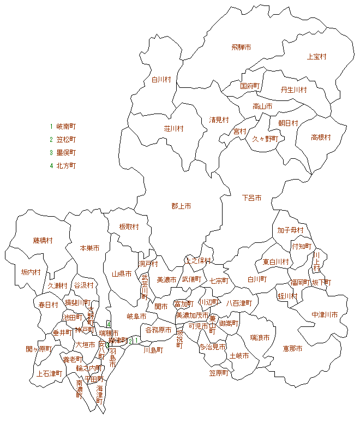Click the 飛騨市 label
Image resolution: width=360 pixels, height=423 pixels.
pyautogui.click(x=241, y=47)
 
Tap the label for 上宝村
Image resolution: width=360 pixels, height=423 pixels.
pyautogui.click(x=316, y=56)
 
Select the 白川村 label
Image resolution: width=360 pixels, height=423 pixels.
pyautogui.click(x=161, y=80)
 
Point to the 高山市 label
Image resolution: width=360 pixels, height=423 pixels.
pyautogui.click(x=262, y=106)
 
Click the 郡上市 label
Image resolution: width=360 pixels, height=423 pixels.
pyautogui.click(x=181, y=206)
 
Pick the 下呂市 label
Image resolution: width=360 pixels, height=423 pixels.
pyautogui.click(x=251, y=198)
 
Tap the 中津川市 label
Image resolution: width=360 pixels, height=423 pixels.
pyautogui.click(x=325, y=315)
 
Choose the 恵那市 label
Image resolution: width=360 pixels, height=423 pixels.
pyautogui.click(x=292, y=348)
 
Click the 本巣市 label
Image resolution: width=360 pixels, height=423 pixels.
pyautogui.click(x=89, y=248)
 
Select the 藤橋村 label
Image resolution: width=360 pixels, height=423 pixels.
pyautogui.click(x=43, y=240)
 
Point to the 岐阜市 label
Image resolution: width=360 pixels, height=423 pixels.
pyautogui.click(x=136, y=316)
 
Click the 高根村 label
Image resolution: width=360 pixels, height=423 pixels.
pyautogui.click(x=321, y=138)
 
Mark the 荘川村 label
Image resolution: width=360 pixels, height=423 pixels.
pyautogui.click(x=173, y=129)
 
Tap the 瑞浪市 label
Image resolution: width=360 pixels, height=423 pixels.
pyautogui.click(x=260, y=338)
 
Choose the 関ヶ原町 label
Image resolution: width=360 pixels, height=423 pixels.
pyautogui.click(x=38, y=349)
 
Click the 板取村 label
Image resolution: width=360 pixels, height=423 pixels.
pyautogui.click(x=129, y=227)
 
